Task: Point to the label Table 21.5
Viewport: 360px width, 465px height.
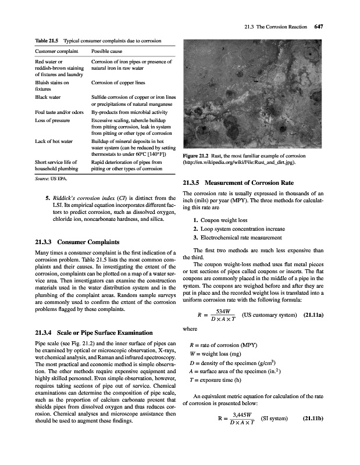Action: [x=49, y=40]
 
